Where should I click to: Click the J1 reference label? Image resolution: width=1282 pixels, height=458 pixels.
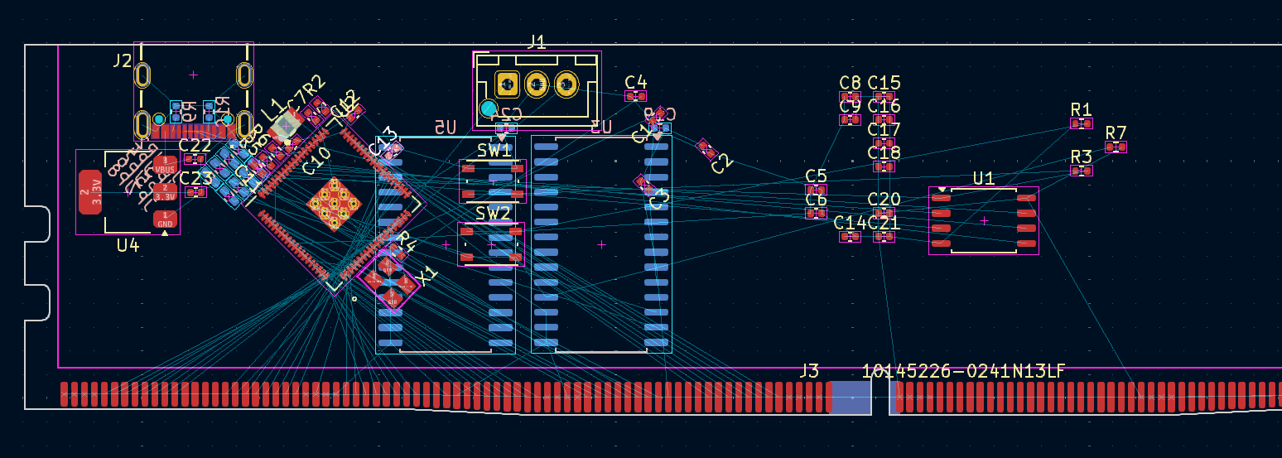[x=537, y=41]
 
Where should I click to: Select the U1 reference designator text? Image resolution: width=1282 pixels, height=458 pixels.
[x=983, y=178]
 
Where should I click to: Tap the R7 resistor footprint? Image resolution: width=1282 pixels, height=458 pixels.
[x=1116, y=147]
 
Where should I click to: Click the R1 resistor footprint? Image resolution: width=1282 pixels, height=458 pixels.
[x=1081, y=123]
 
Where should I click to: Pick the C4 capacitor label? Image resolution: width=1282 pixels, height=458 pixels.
[x=635, y=82]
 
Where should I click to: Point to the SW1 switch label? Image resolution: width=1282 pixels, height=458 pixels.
[x=494, y=151]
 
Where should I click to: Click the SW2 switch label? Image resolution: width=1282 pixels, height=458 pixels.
[x=493, y=214]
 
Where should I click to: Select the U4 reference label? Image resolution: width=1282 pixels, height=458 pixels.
[x=128, y=245]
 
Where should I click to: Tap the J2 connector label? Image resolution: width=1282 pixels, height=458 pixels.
[x=122, y=60]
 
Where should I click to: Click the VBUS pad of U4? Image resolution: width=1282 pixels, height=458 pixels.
[x=165, y=165]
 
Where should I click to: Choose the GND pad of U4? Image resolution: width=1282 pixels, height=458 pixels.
[x=165, y=219]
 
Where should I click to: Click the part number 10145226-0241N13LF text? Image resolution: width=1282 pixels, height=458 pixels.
[x=963, y=371]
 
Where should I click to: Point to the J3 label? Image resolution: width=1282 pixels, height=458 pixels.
[x=808, y=371]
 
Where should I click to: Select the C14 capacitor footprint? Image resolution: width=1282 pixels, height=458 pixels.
[x=850, y=237]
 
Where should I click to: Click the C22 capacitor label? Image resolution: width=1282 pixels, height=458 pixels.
[x=195, y=146]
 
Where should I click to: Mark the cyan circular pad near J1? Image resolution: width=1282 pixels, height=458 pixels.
[x=489, y=108]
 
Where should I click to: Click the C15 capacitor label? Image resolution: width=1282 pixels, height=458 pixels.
[x=884, y=83]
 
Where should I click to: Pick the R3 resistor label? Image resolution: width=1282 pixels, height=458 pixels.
[x=1081, y=157]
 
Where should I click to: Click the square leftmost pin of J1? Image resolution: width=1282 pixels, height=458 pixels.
[x=507, y=84]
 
